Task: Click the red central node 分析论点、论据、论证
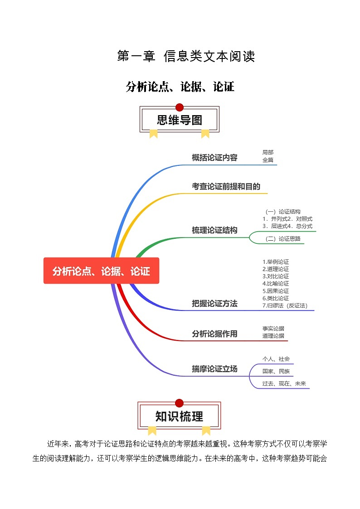[x=101, y=271]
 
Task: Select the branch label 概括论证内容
[x=214, y=158]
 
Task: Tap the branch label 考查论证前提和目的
[x=226, y=186]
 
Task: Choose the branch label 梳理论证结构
[x=214, y=230]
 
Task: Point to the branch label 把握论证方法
[x=214, y=304]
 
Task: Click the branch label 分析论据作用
[x=214, y=334]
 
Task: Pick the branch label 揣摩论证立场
[x=214, y=369]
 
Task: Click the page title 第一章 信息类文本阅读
[x=186, y=56]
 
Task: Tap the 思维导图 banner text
[x=180, y=120]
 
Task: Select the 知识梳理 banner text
[x=179, y=416]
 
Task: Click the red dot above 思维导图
[x=180, y=107]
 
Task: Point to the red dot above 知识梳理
[x=179, y=403]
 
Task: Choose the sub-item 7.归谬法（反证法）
[x=285, y=305]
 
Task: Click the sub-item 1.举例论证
[x=276, y=262]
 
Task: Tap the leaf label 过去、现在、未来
[x=284, y=383]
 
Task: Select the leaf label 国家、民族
[x=276, y=372]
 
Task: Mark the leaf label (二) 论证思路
[x=283, y=239]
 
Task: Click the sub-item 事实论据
[x=273, y=329]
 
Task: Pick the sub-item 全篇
[x=268, y=160]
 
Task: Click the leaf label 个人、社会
[x=276, y=359]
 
